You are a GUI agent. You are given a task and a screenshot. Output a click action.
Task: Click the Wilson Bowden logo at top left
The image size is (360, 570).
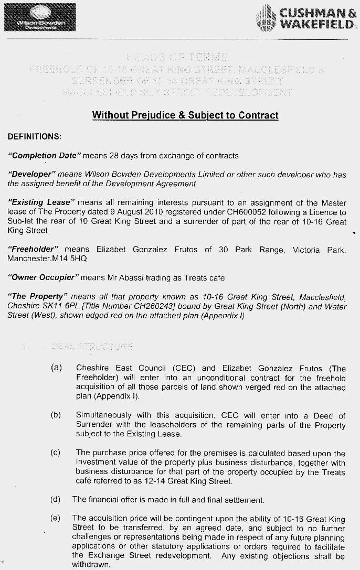pyautogui.click(x=40, y=18)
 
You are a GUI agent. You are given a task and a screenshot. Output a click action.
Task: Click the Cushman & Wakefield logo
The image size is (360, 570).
pyautogui.click(x=306, y=19)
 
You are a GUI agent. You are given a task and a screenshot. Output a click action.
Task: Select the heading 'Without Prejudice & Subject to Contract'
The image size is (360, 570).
pyautogui.click(x=185, y=115)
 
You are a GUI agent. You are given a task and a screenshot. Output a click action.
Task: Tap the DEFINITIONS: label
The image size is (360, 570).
pyautogui.click(x=35, y=137)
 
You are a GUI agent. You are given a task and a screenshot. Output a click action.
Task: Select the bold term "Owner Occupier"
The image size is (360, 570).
pyautogui.click(x=43, y=277)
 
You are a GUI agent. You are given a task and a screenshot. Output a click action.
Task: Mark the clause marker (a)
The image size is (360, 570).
pyautogui.click(x=56, y=368)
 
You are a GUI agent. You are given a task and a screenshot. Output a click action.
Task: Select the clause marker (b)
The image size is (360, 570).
pyautogui.click(x=56, y=415)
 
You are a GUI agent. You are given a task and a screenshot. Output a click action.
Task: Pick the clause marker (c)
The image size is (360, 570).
pyautogui.click(x=56, y=453)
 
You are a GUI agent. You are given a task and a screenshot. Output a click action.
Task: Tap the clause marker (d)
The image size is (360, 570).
pyautogui.click(x=56, y=499)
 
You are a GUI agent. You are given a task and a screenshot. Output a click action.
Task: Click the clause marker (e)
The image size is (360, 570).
pyautogui.click(x=56, y=518)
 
